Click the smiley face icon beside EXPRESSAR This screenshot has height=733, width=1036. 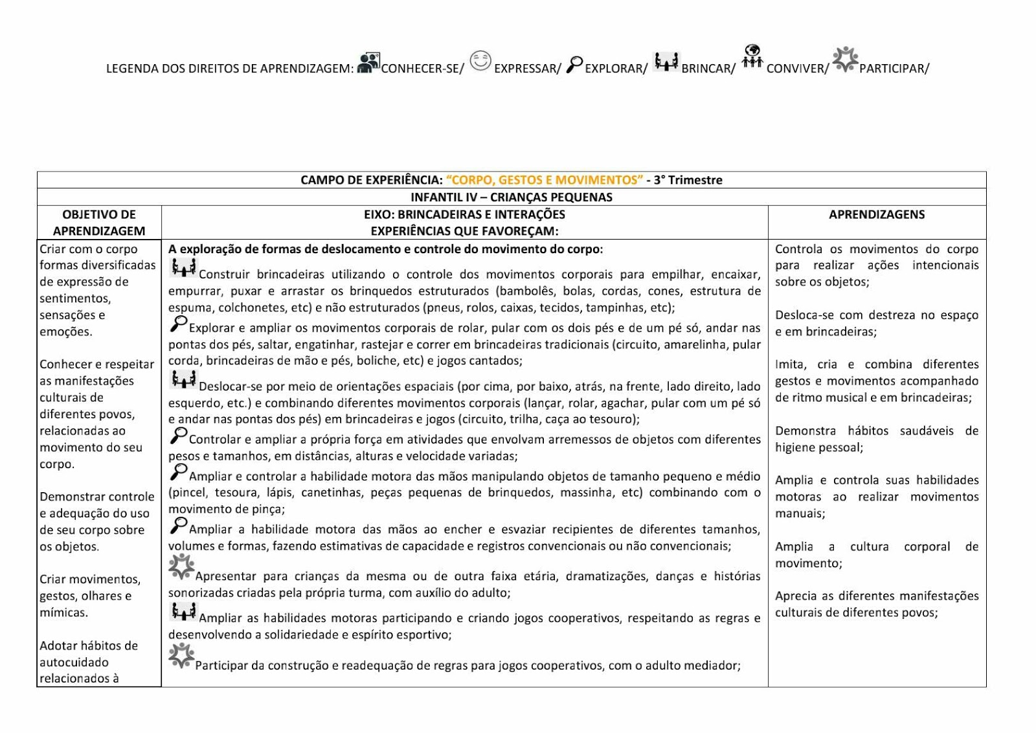point(480,62)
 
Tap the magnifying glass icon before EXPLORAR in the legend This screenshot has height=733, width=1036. point(574,65)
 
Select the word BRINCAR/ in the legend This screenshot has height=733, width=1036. point(708,69)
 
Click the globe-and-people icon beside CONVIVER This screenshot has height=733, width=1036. point(752,57)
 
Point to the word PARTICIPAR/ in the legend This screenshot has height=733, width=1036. point(894,69)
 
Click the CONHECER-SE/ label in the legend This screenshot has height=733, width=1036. point(422,69)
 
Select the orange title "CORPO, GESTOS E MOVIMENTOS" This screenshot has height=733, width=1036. point(545,180)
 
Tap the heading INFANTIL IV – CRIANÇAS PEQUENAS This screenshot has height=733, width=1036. point(511,197)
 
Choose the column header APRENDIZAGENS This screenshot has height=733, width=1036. point(877,214)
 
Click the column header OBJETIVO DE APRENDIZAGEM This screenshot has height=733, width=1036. point(99,223)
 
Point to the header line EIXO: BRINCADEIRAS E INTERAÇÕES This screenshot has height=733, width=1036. point(464,214)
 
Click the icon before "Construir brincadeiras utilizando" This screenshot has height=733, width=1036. point(183,267)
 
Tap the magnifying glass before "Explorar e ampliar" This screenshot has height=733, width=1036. point(178,323)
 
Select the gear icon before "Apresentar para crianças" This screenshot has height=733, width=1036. point(181,567)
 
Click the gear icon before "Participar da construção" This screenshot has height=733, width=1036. point(181,655)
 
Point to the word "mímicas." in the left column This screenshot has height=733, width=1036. point(63,613)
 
